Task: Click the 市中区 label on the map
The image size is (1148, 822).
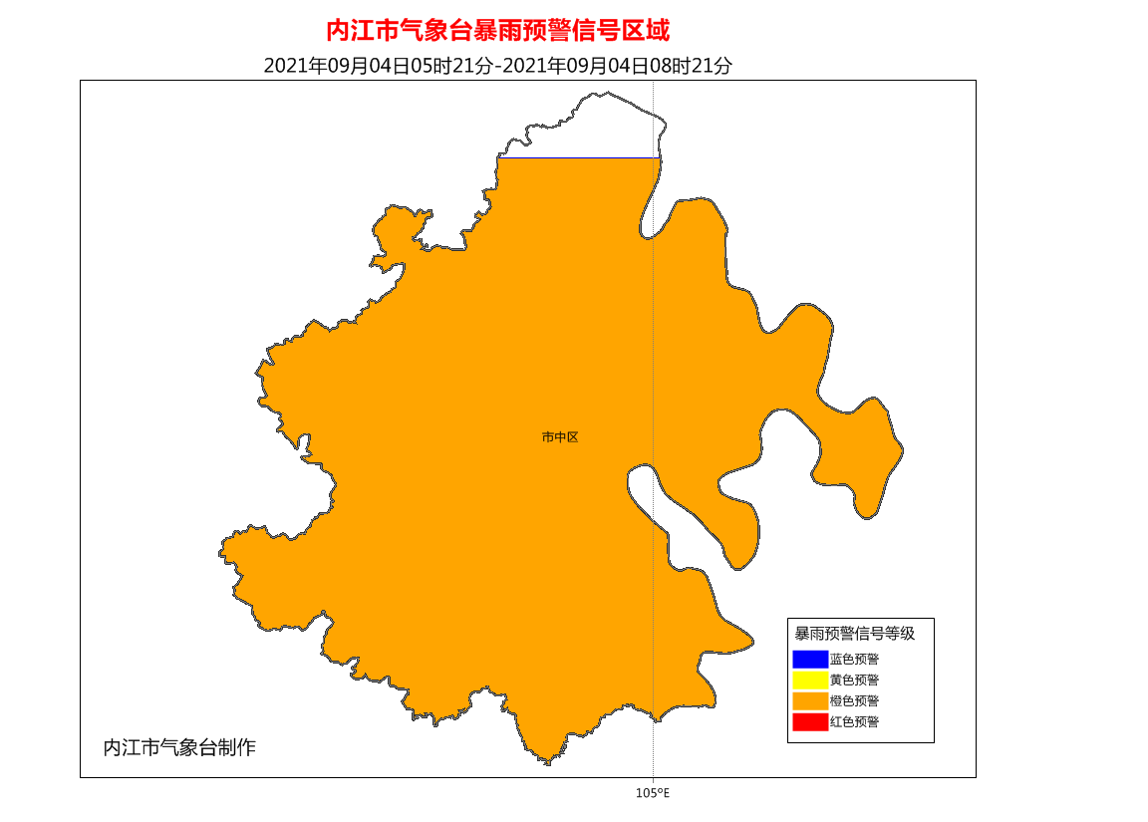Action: (560, 436)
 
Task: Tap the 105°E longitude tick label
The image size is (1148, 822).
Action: (652, 793)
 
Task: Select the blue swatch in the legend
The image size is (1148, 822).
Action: (810, 659)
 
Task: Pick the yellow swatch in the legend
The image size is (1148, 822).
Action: (810, 681)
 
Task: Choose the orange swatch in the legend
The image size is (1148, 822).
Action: (810, 701)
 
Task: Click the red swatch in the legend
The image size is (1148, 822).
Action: (810, 722)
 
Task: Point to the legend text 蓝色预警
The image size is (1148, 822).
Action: (854, 659)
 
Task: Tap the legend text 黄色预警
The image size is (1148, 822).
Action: (854, 681)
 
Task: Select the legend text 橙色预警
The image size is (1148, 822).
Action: (854, 701)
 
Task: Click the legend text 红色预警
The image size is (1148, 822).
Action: (854, 722)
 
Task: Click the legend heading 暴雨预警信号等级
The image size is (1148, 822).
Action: (854, 633)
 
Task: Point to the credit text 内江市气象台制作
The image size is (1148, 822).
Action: (179, 747)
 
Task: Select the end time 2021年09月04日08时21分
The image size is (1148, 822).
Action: (618, 66)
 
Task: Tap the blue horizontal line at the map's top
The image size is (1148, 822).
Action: (578, 157)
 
